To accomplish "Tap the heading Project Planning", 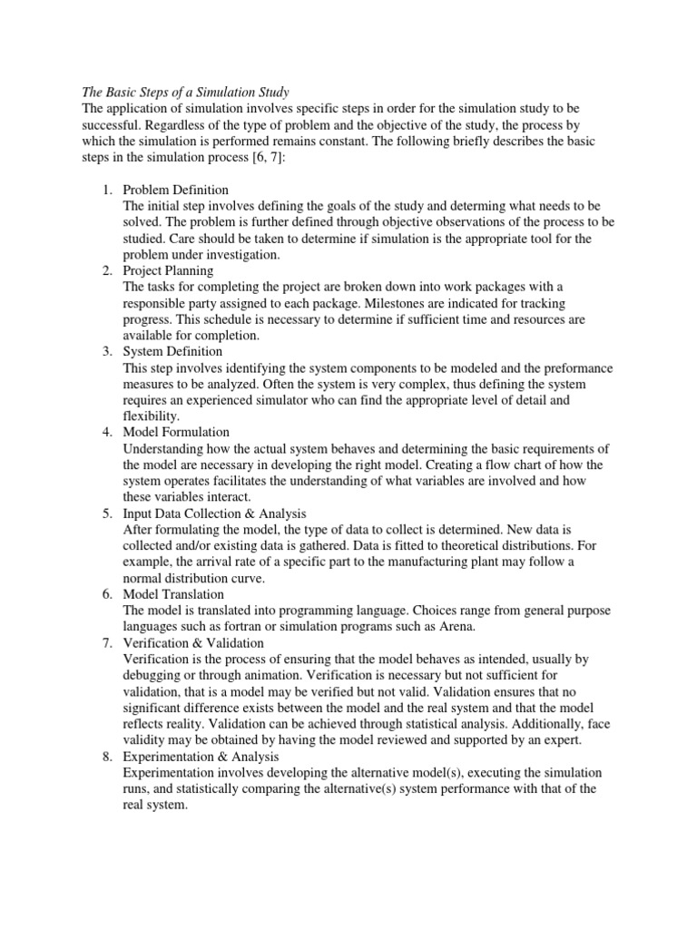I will pos(168,270).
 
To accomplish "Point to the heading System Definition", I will pos(172,351).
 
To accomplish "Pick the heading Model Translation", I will pos(173,593).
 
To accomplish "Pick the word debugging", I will pos(153,674).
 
